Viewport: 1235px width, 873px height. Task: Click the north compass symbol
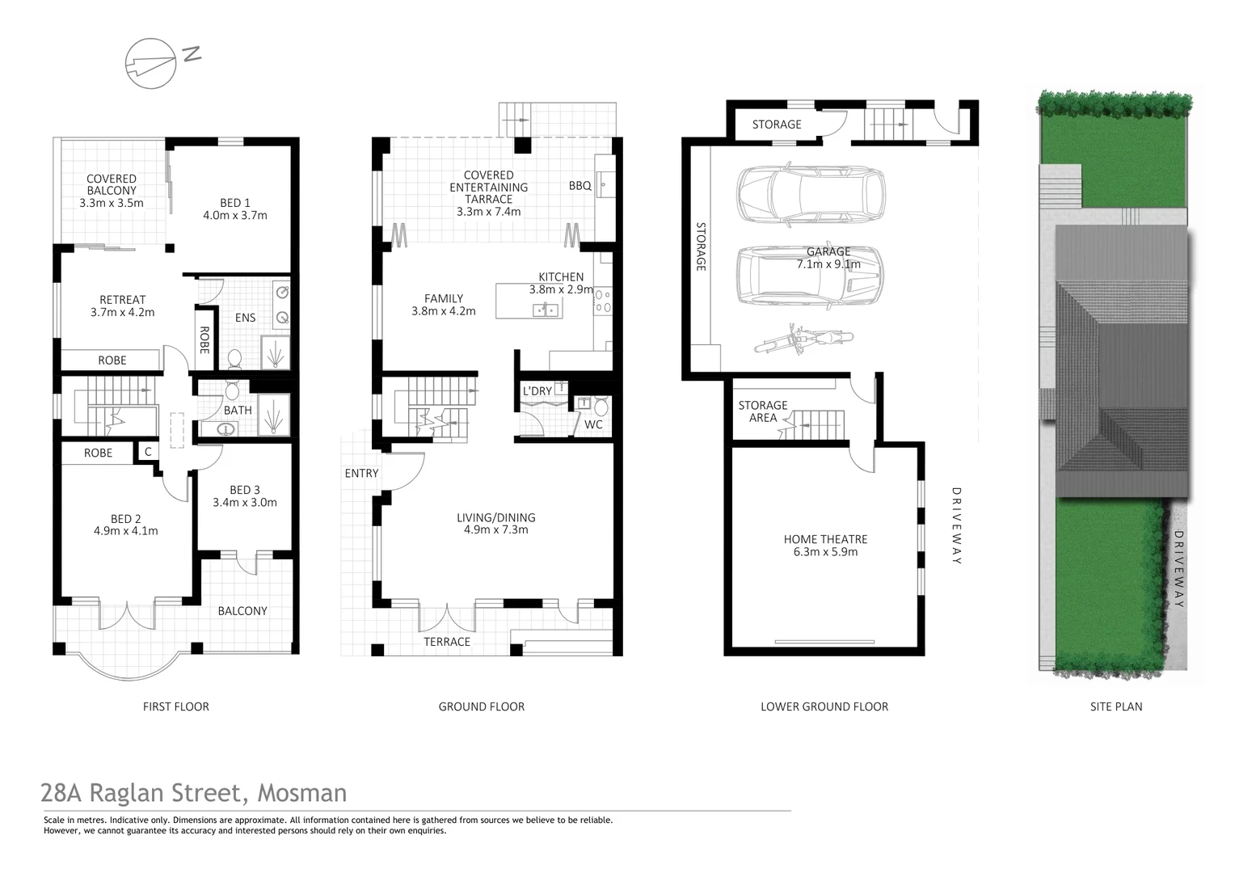point(151,62)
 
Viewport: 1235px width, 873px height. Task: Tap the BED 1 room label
point(235,203)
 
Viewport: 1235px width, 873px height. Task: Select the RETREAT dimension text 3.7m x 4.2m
point(122,312)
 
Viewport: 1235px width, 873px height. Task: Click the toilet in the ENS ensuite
point(234,357)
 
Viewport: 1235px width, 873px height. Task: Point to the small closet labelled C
point(148,453)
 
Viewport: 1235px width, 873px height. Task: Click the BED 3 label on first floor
point(245,490)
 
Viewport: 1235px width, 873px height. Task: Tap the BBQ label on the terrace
point(580,186)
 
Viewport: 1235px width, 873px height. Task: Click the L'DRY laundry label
point(537,391)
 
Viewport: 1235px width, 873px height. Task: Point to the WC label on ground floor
point(593,424)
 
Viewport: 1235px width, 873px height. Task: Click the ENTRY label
point(361,474)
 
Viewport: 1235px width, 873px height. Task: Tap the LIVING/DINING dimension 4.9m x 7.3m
point(495,530)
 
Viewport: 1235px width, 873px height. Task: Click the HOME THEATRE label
point(825,539)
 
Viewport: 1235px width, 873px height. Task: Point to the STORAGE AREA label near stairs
point(762,411)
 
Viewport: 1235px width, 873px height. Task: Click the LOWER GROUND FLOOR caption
point(824,706)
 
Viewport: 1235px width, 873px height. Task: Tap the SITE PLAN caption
point(1115,706)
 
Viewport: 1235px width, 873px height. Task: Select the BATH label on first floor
point(238,411)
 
